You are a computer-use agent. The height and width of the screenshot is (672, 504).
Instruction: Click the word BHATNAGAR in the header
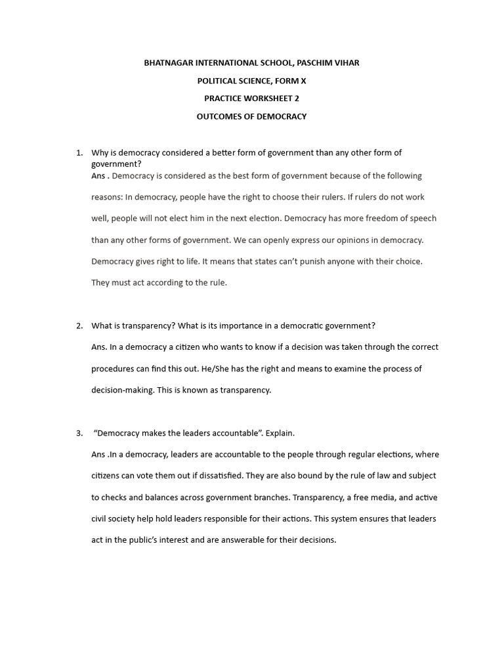point(168,63)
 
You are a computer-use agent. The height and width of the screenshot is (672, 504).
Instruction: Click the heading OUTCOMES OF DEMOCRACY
point(252,117)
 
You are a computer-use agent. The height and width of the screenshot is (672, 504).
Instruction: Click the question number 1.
point(79,153)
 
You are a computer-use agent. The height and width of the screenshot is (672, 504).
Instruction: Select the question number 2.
point(79,325)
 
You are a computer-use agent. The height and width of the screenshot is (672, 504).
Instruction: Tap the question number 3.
point(79,433)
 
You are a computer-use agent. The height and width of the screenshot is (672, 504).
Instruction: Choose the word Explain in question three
point(280,433)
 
